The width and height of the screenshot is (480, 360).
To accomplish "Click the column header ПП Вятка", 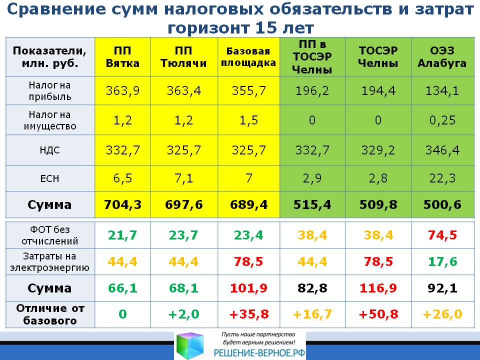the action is coord(122,57).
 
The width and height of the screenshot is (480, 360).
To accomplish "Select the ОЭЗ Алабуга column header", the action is coord(442,57).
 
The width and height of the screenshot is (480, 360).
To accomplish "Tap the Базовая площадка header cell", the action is coord(248,57).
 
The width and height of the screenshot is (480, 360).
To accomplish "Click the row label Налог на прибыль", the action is coord(50,91).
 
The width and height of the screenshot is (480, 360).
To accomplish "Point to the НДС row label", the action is coord(49,150).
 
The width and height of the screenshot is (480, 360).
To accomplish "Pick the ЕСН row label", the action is coord(49,178).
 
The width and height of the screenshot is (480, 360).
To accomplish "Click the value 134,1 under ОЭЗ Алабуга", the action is coord(442,91).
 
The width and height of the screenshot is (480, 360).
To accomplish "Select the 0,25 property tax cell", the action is coord(442,120).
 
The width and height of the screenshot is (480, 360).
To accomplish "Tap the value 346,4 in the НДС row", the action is coord(442,150).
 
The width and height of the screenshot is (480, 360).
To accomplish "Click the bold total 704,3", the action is coord(122,205).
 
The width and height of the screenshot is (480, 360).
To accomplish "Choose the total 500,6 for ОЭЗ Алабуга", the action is coord(442,205).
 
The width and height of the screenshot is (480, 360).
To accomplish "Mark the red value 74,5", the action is coord(442,235).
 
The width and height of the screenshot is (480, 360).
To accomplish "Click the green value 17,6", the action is coord(442,261).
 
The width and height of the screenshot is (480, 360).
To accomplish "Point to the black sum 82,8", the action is coord(312,288).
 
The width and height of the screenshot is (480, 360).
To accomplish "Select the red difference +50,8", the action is coord(378,314).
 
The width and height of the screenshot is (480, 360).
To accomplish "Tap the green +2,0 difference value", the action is coord(183,314).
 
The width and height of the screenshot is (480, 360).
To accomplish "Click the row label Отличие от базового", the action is coord(50,314).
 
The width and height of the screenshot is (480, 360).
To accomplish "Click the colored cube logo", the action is coord(190,346).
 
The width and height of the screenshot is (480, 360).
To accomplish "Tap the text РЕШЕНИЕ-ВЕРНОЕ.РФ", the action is coord(259,353).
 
